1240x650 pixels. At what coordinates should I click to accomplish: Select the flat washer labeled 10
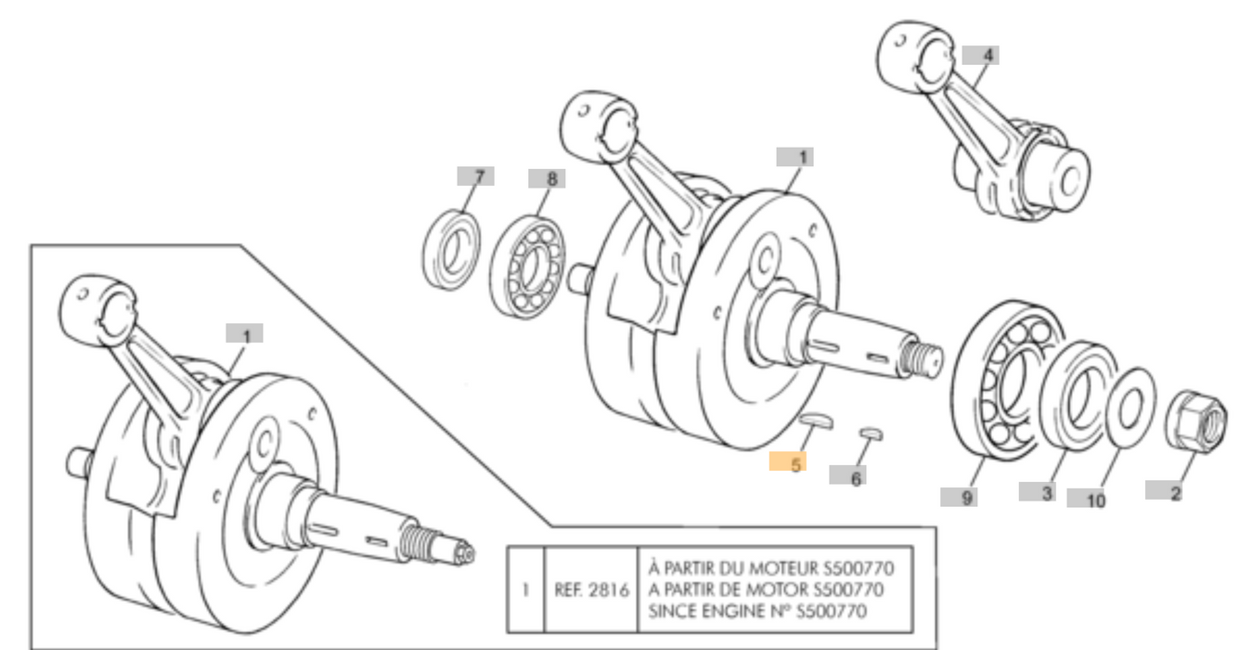[1125, 407]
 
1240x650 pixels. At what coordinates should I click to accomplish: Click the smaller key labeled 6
[871, 432]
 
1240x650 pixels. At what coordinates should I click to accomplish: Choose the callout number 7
[475, 175]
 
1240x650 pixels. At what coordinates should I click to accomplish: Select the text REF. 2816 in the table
[588, 589]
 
